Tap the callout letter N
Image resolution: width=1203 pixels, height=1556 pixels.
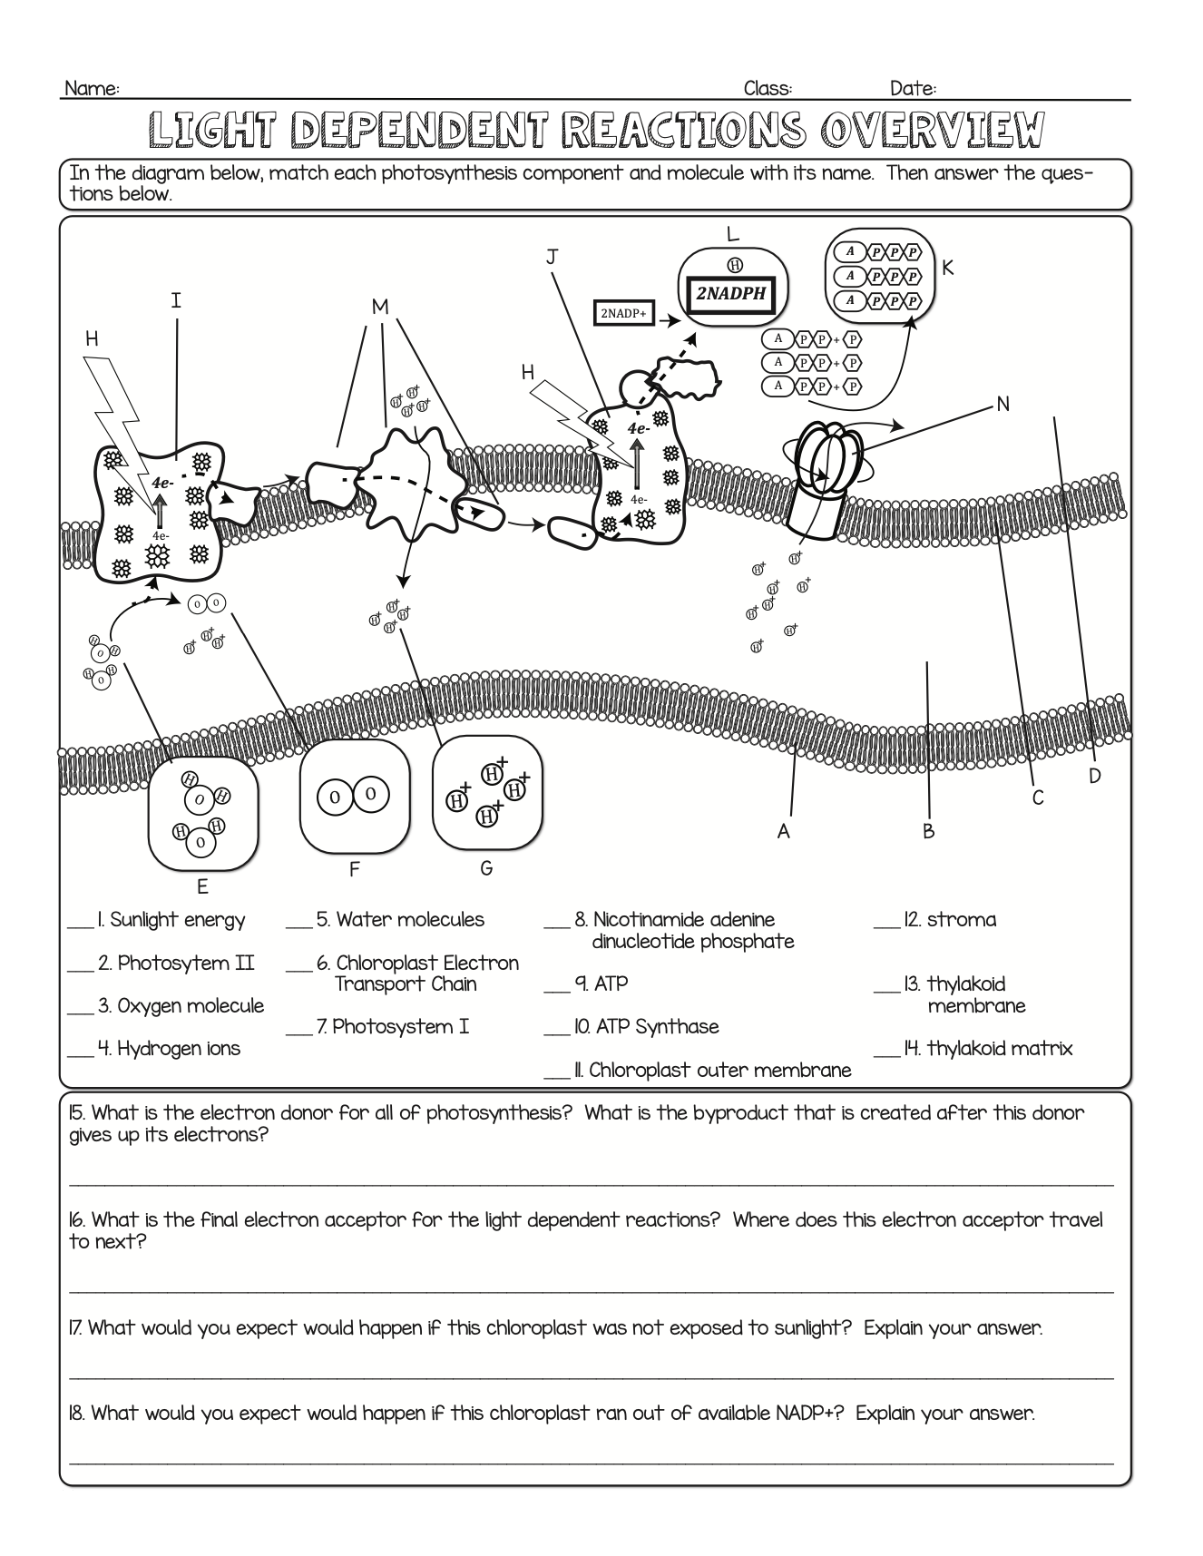1002,404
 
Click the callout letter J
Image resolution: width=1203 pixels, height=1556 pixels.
551,257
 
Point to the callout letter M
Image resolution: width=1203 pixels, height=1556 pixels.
380,307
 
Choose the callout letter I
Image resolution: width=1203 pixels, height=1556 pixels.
176,300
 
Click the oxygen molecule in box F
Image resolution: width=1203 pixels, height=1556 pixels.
353,796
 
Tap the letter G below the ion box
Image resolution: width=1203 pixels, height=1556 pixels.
486,868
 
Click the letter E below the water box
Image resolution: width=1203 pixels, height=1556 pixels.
202,886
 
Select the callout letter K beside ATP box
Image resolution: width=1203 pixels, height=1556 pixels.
947,268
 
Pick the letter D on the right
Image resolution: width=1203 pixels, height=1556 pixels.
1094,776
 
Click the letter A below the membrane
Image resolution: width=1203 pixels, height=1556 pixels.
784,830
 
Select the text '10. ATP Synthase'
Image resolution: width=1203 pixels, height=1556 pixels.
645,1026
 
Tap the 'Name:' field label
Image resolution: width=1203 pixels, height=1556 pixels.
92,88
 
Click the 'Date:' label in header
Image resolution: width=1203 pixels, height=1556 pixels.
913,88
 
